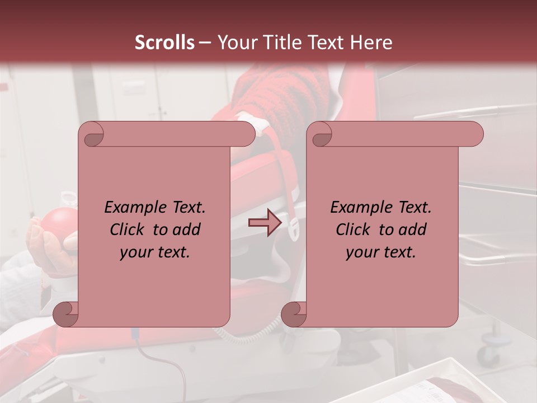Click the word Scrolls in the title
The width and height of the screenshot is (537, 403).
point(164,43)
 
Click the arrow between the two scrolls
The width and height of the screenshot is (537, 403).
point(265,223)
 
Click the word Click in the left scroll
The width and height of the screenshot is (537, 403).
point(129,229)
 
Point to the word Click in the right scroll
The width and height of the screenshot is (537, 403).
point(355,229)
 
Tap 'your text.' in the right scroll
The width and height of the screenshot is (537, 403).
point(381,252)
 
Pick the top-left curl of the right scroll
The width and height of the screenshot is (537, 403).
point(321,135)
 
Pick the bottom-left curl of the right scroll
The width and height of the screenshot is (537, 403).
point(294,314)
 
